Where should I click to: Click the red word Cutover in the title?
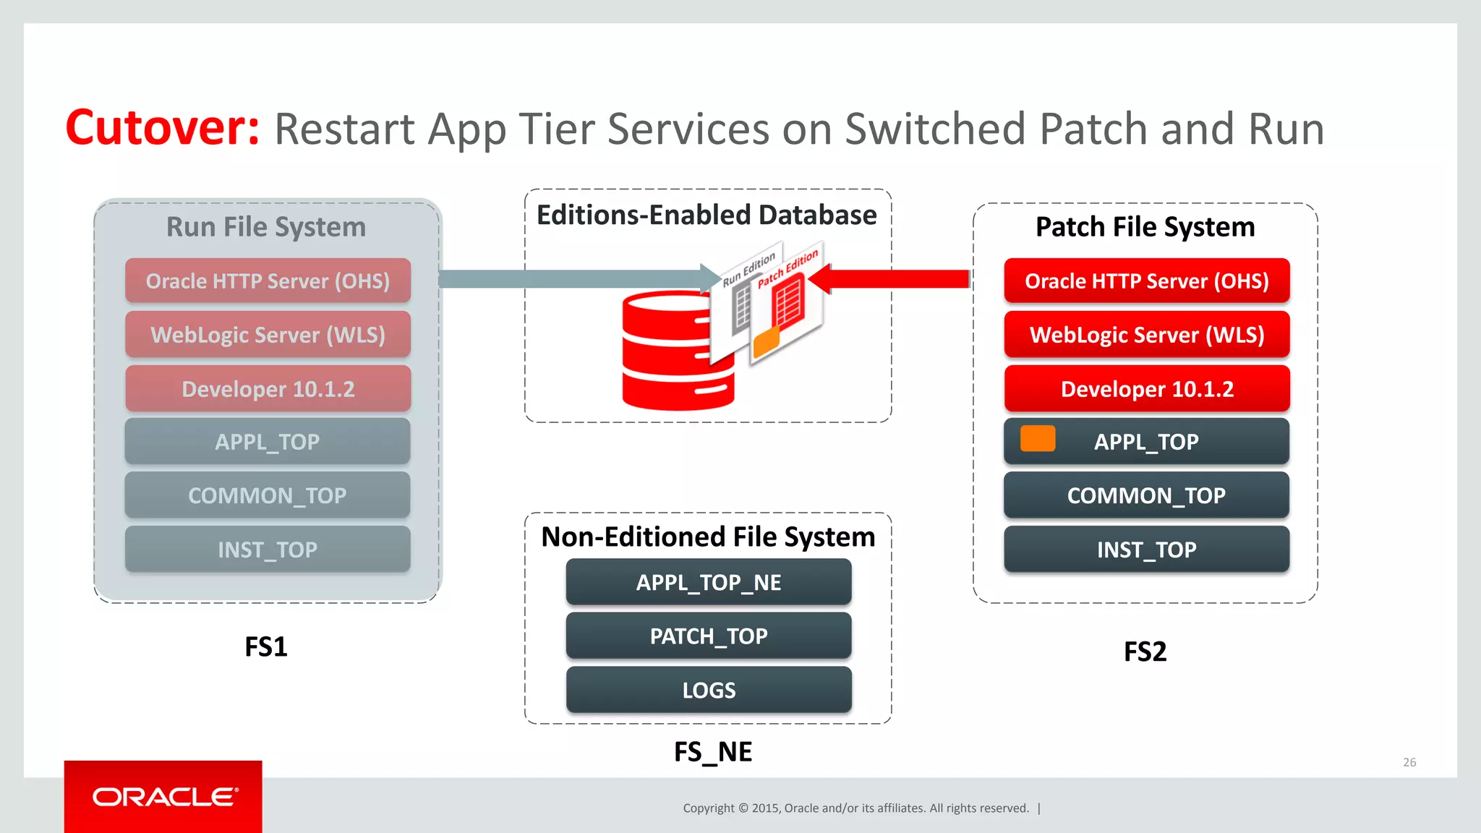tap(162, 128)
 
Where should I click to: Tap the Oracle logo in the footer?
tap(164, 797)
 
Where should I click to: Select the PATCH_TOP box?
tap(708, 636)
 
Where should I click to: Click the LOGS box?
tap(708, 690)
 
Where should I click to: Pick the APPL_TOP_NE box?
tap(708, 582)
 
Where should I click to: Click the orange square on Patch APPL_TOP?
tap(1037, 439)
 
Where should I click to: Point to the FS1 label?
tap(265, 646)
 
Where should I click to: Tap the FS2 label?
tap(1145, 652)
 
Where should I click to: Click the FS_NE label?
tap(712, 752)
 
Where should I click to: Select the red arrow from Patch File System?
tap(897, 279)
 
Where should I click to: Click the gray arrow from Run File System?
tap(571, 279)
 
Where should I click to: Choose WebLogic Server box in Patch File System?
tap(1146, 335)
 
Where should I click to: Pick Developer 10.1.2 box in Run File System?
tap(268, 389)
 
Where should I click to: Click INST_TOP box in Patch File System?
tap(1146, 550)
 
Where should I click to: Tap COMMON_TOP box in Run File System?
tap(268, 495)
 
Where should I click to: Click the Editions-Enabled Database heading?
tap(707, 215)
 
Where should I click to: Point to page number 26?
tap(1409, 762)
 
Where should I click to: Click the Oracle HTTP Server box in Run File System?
tap(268, 281)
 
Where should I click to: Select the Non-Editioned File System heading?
tap(708, 537)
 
